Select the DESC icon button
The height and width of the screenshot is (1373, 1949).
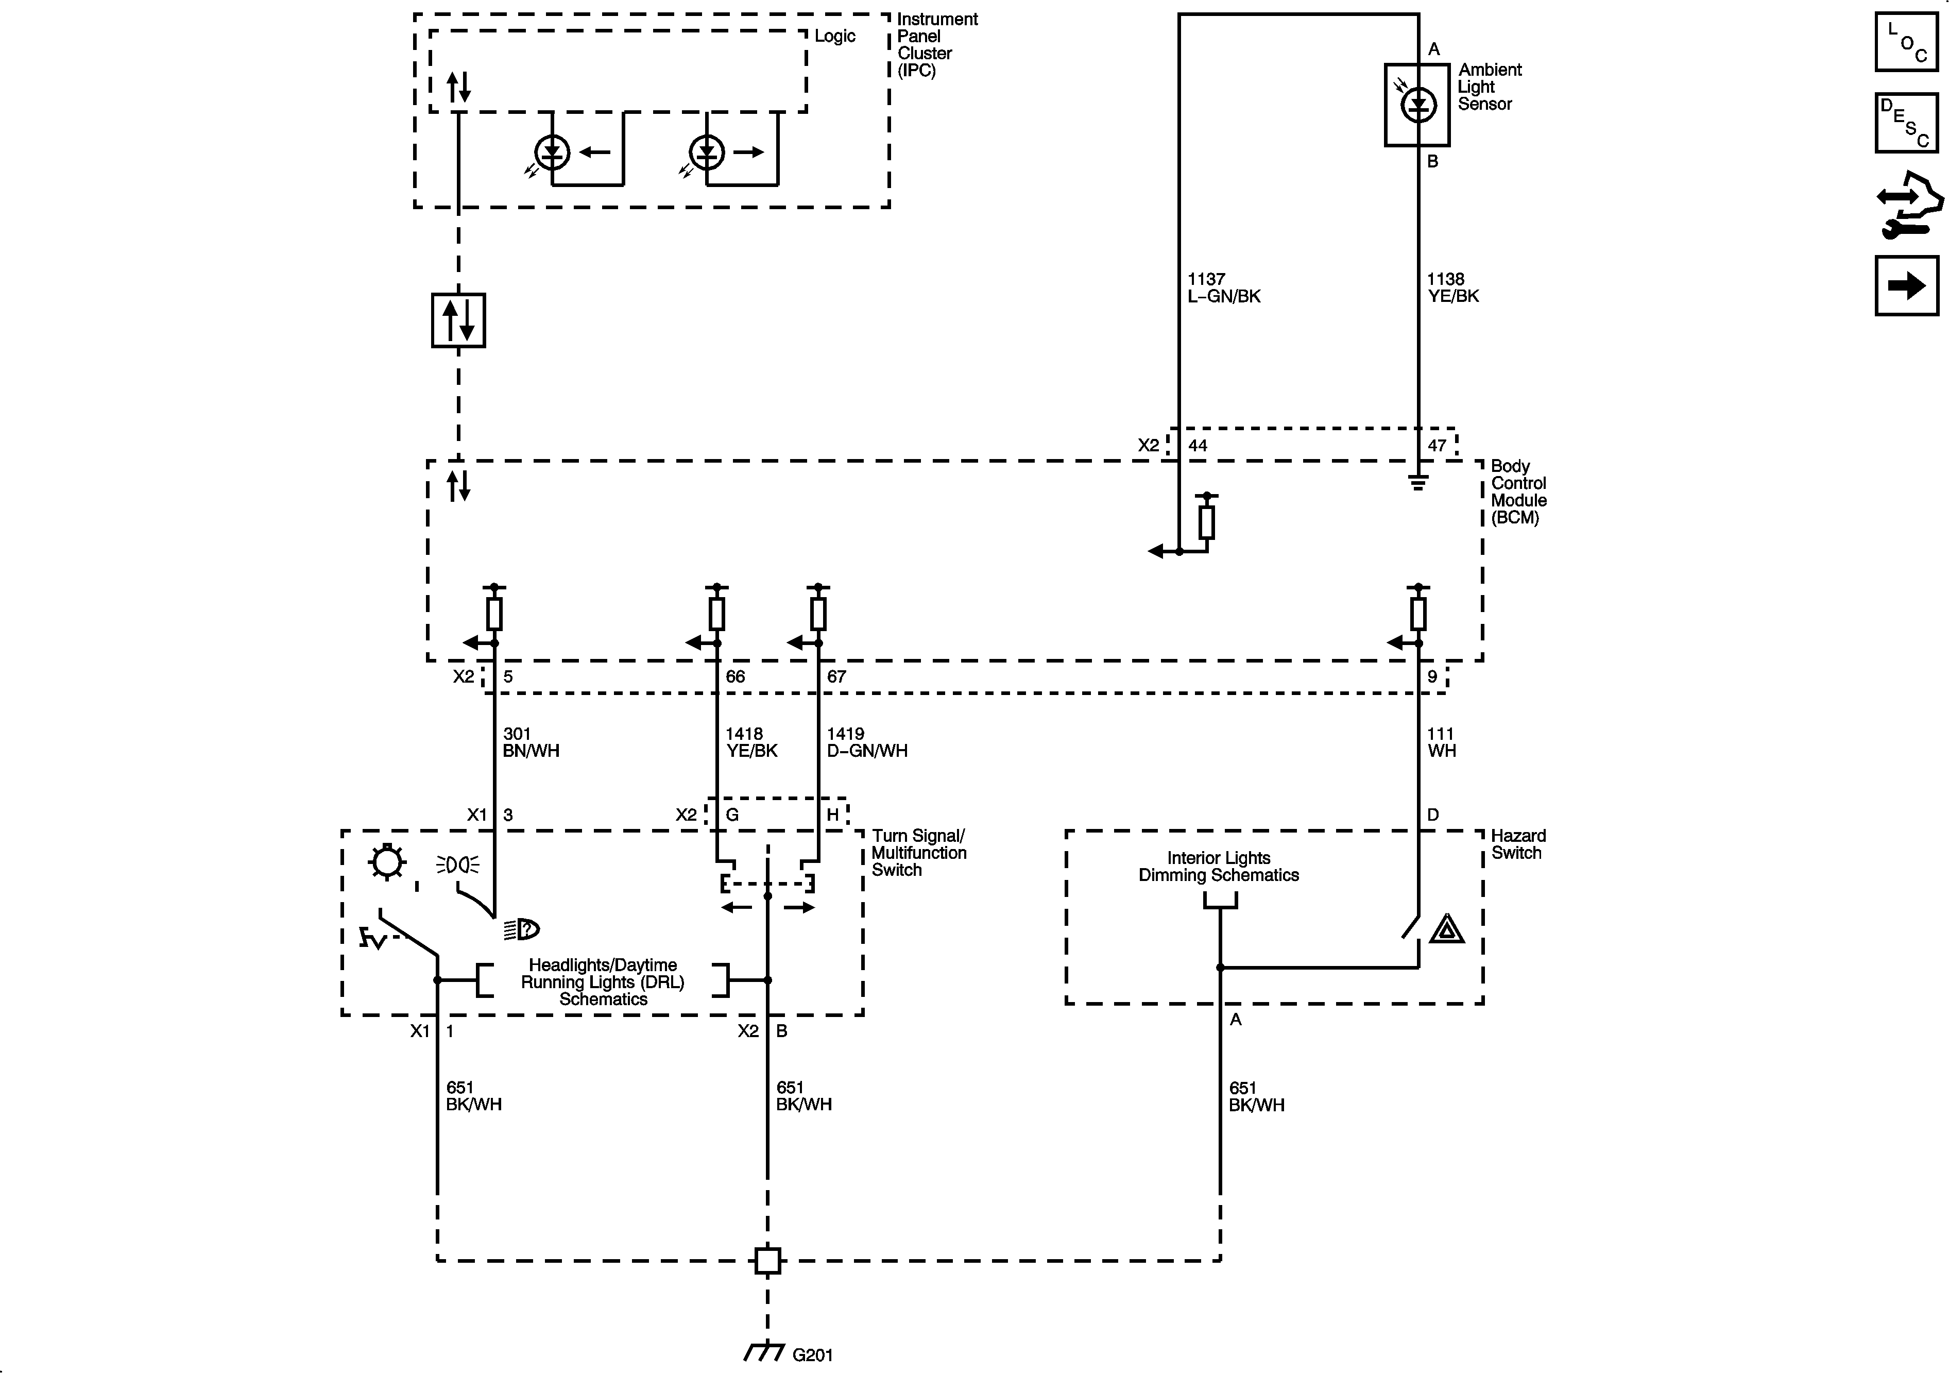[x=1907, y=123]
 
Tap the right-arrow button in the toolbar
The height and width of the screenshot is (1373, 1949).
[x=1907, y=285]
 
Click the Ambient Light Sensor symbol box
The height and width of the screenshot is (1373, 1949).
[x=1417, y=105]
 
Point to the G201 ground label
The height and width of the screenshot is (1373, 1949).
[x=812, y=1354]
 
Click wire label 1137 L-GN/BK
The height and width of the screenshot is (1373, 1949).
[x=1223, y=288]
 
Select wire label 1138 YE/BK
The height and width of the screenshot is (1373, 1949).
[x=1452, y=288]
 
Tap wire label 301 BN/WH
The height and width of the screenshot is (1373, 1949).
[x=531, y=742]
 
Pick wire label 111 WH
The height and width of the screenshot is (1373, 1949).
[x=1441, y=742]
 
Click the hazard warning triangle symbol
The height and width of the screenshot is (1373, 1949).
[x=1446, y=930]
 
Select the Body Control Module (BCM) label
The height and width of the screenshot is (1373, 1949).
[x=1518, y=491]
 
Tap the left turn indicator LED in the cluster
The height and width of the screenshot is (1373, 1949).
[x=553, y=153]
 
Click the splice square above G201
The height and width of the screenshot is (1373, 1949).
[x=767, y=1260]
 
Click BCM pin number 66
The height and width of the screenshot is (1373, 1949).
[x=735, y=677]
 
